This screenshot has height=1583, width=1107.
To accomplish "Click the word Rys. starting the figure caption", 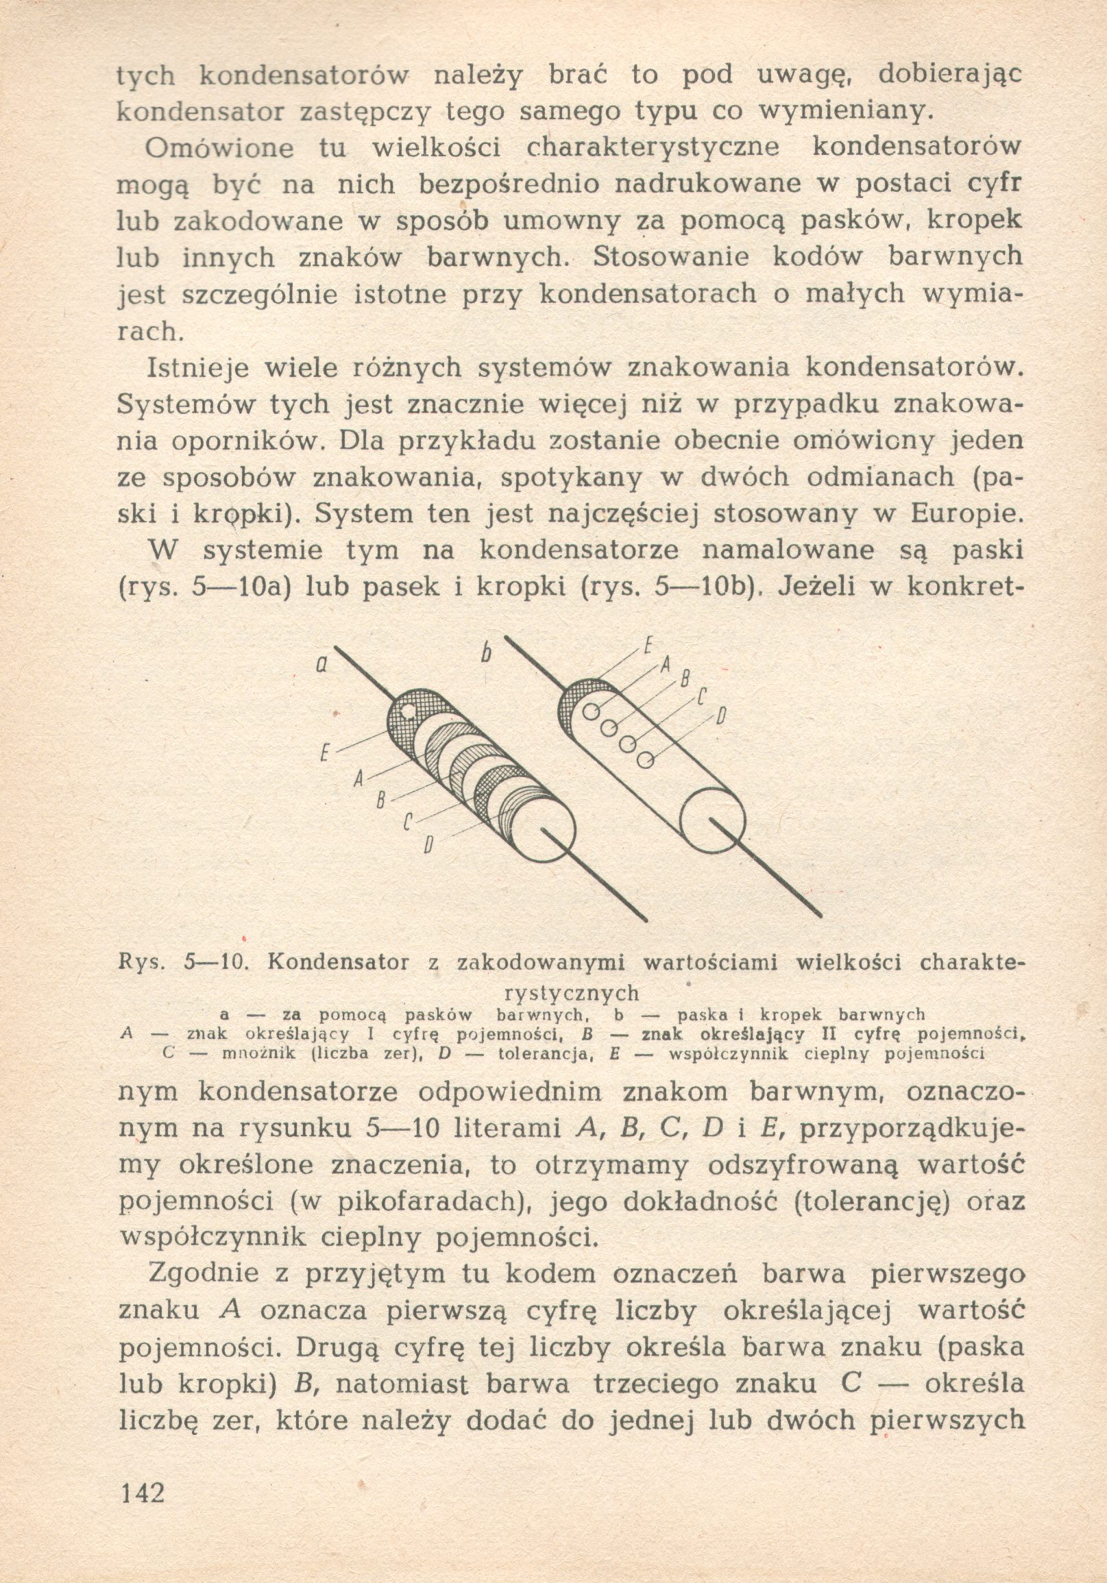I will [140, 963].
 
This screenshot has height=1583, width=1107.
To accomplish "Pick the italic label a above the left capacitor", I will [321, 665].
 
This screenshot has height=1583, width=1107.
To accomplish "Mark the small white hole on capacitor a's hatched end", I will [408, 710].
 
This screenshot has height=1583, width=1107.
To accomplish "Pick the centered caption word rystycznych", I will [572, 994].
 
